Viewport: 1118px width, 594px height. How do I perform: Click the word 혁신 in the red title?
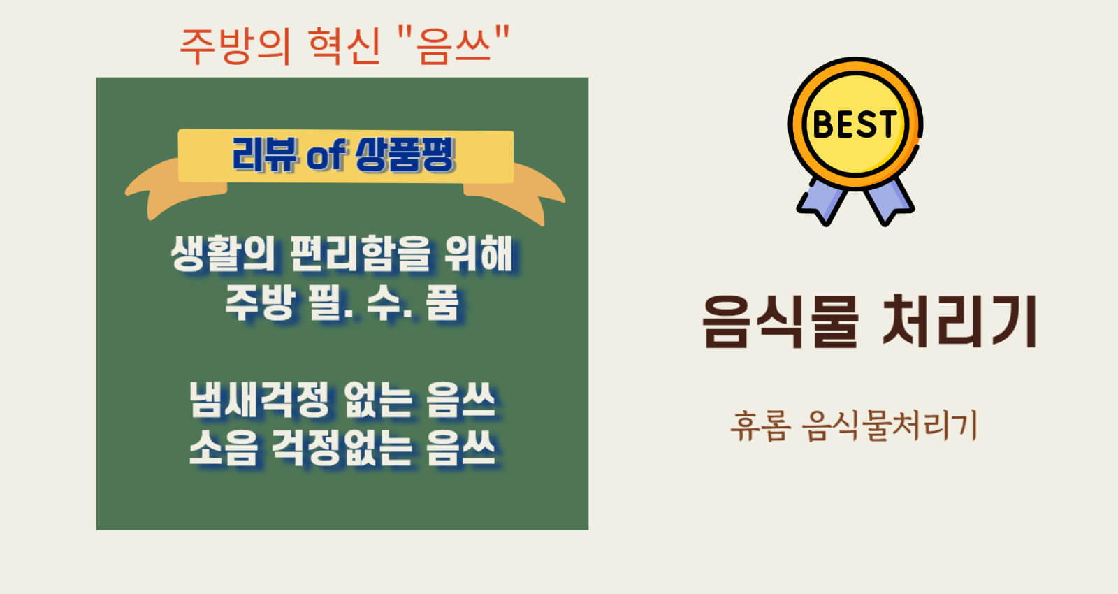click(x=345, y=46)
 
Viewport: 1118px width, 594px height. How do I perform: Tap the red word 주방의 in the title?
click(x=235, y=46)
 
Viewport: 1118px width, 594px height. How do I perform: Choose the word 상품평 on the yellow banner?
click(x=405, y=154)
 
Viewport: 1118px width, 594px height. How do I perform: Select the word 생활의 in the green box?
click(x=223, y=254)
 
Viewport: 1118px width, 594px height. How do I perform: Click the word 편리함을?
click(x=360, y=254)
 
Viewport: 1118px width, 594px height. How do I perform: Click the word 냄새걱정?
click(x=259, y=399)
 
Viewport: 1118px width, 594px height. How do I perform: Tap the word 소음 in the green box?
click(x=224, y=448)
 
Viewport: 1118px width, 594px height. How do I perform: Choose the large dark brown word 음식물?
click(x=780, y=321)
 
